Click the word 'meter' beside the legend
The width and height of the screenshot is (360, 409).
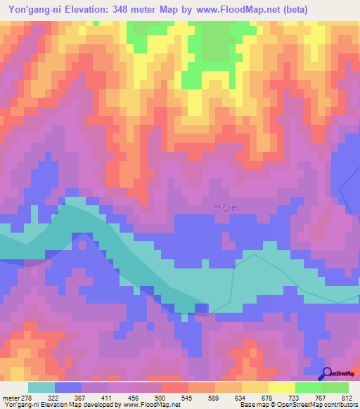[11, 397]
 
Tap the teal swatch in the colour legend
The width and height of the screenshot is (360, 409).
[41, 387]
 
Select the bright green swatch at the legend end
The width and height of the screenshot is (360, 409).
[335, 387]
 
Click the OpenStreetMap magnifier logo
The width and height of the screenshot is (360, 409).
[327, 373]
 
